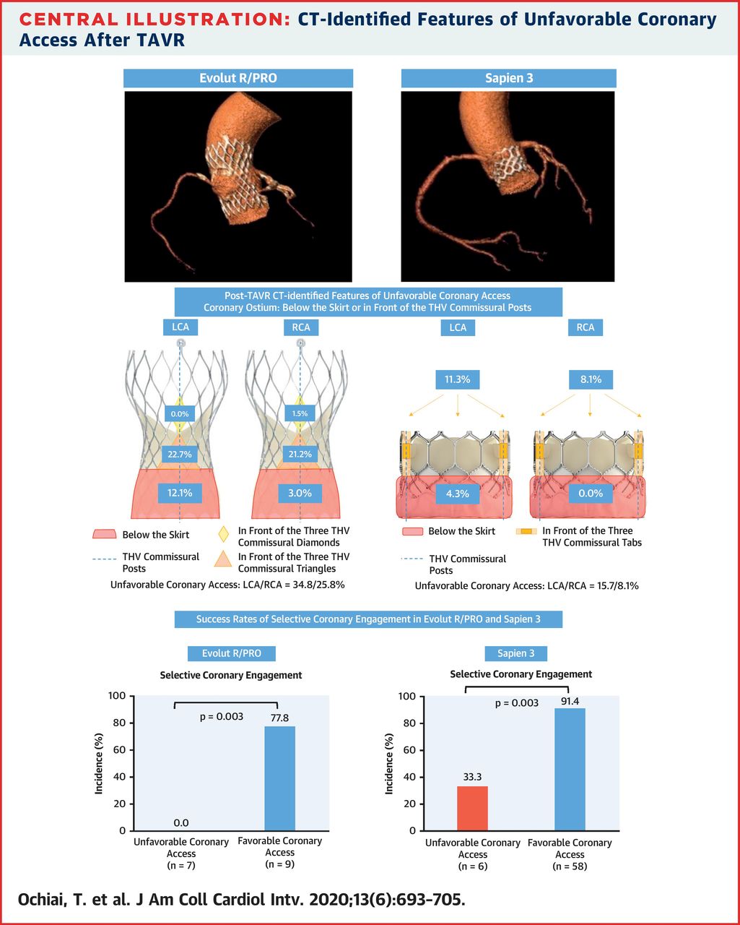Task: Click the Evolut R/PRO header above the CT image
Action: [238, 78]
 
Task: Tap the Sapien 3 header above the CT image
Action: [508, 78]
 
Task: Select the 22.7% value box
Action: [179, 455]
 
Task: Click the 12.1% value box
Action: [179, 493]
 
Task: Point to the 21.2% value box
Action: [301, 455]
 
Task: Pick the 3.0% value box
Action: [301, 493]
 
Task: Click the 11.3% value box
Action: [458, 379]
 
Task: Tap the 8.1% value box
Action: [586, 379]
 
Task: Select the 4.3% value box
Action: [458, 494]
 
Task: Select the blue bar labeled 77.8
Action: [281, 778]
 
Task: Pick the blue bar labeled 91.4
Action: [570, 770]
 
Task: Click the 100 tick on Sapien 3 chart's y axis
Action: [407, 697]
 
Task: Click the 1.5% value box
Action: [301, 413]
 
